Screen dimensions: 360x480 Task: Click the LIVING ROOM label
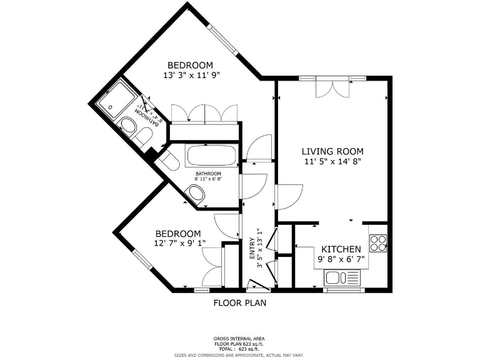click(x=332, y=151)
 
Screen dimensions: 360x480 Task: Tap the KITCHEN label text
click(x=341, y=249)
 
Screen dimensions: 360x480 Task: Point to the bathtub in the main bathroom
click(x=212, y=156)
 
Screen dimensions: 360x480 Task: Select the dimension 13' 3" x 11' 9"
click(x=192, y=75)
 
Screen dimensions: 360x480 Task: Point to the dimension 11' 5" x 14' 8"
click(x=332, y=161)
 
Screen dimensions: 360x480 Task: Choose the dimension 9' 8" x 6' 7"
click(x=341, y=259)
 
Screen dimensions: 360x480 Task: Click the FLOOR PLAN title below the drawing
click(x=240, y=304)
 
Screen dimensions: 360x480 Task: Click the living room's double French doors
click(x=332, y=87)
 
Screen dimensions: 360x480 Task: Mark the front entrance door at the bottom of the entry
click(x=257, y=286)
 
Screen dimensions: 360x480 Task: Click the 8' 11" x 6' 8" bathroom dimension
click(x=208, y=179)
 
